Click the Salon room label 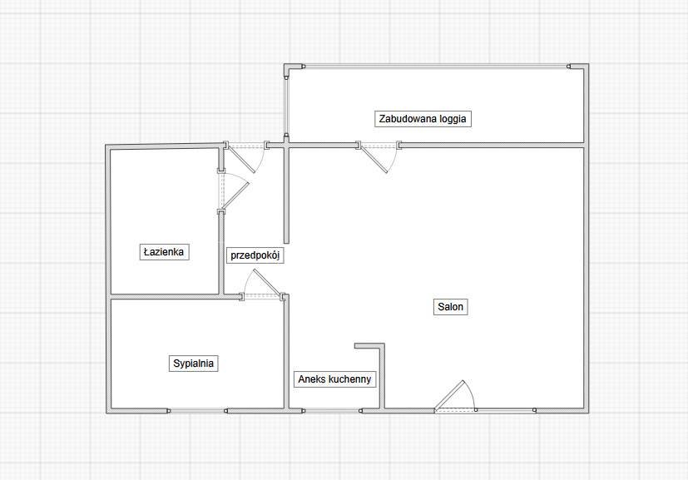451,307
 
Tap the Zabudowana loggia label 423,119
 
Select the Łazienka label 164,252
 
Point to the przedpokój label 255,255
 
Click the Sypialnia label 194,364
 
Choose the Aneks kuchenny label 334,379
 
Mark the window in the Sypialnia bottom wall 197,411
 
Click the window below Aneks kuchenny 332,411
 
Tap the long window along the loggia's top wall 436,67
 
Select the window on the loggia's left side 286,106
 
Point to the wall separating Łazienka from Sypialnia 175,297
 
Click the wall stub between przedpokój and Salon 286,193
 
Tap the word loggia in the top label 452,119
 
